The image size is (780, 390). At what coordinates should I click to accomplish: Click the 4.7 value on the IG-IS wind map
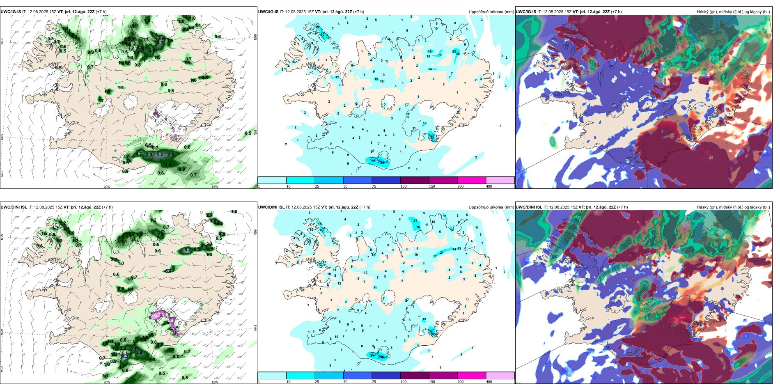point(139,154)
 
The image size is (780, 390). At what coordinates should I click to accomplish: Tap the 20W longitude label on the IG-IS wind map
point(107,187)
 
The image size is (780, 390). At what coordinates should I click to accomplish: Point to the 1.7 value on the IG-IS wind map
point(101,101)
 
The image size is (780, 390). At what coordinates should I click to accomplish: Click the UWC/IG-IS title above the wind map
point(11,12)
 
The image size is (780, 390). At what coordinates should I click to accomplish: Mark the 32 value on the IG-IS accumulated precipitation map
point(373,161)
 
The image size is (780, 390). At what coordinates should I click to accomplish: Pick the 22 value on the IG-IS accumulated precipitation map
point(454,51)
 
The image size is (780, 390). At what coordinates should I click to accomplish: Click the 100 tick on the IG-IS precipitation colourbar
point(403,186)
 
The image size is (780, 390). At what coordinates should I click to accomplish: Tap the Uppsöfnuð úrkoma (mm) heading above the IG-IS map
point(491,12)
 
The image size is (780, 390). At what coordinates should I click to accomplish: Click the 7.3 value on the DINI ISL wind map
point(126,356)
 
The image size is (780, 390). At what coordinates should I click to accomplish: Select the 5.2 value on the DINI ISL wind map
point(188,250)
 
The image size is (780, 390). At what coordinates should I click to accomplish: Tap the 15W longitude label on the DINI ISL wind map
point(214,382)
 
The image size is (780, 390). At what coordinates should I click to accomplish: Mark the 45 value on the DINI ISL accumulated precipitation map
point(434,334)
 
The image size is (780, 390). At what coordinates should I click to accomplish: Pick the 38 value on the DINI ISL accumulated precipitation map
point(382,357)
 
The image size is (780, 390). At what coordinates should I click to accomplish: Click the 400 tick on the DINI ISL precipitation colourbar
point(489,382)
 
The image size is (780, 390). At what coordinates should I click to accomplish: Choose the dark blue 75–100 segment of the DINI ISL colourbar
point(386,376)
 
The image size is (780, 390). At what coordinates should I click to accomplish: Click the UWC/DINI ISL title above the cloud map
point(529,207)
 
